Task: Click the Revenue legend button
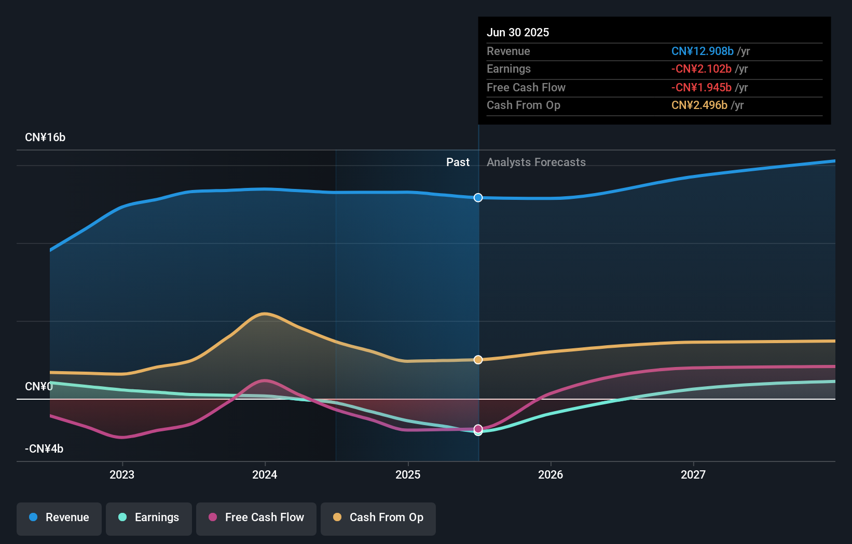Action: tap(59, 518)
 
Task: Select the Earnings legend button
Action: tap(149, 518)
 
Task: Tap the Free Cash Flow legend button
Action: tap(256, 518)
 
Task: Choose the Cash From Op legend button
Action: tap(378, 518)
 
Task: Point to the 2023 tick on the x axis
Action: tap(122, 474)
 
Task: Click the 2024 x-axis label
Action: tap(265, 474)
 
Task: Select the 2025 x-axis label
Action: tap(408, 474)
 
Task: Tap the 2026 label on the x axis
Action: tap(551, 474)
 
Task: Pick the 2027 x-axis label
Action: tap(693, 474)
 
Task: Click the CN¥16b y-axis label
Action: tap(45, 138)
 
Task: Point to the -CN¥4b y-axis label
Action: tap(44, 449)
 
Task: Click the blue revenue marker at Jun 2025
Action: tap(478, 198)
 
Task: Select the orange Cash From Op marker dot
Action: tap(478, 360)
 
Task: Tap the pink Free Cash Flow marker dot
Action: tap(478, 429)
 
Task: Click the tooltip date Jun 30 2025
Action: tap(518, 33)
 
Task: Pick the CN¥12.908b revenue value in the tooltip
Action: tap(702, 51)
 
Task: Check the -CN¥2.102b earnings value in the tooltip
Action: tap(701, 69)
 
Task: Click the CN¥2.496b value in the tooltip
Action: tap(699, 105)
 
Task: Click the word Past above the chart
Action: tap(458, 162)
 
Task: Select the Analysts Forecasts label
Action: tap(536, 162)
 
